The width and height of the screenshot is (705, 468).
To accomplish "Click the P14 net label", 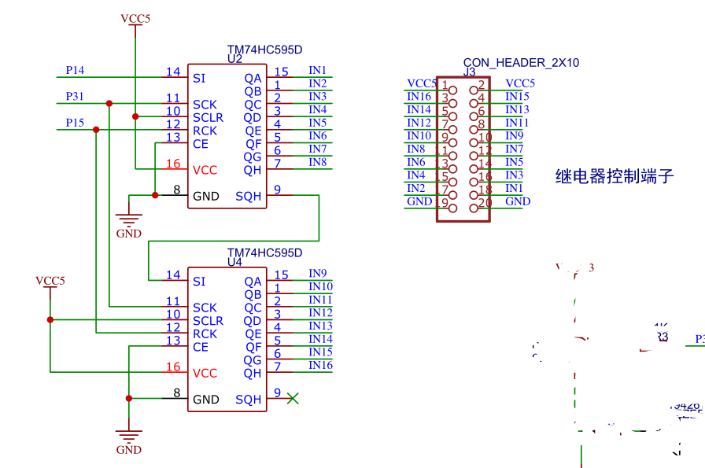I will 75,70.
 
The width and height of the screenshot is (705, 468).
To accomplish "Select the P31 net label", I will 75,97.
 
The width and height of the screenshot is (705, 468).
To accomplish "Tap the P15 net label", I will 75,123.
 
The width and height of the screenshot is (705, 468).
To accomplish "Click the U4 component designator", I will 234,263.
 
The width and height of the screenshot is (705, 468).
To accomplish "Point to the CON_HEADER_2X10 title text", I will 521,62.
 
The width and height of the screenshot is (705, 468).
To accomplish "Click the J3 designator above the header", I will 470,72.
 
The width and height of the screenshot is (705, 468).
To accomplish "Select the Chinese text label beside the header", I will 615,176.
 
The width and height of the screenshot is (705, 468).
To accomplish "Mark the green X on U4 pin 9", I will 293,399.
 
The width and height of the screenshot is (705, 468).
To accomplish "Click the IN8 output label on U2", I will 318,162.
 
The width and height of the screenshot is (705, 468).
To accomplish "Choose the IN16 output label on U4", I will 320,365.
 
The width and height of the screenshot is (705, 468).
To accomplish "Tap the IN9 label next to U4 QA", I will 318,274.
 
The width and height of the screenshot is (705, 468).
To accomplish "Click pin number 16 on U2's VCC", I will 172,164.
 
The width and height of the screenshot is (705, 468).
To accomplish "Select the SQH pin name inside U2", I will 248,197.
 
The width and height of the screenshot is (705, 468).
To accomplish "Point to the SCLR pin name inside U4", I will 208,321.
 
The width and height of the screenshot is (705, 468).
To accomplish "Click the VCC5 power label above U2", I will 135,18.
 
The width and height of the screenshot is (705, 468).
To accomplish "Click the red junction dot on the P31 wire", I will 109,103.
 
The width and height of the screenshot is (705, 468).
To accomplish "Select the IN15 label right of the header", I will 517,97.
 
